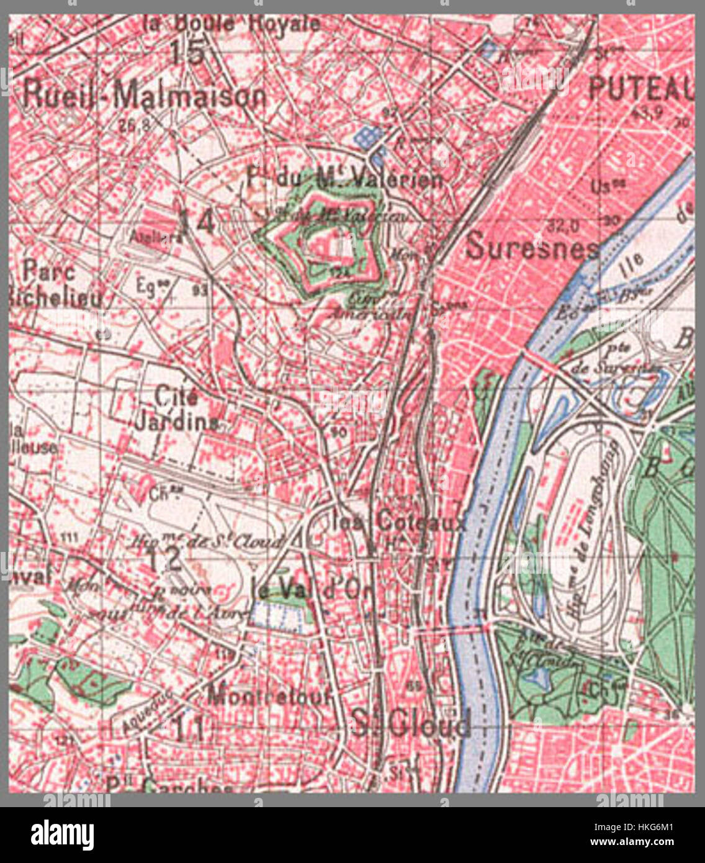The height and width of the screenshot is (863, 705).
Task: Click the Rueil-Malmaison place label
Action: click(x=144, y=97)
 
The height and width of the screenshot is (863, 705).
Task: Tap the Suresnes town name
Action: click(x=532, y=246)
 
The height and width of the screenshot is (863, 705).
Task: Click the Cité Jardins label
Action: click(x=176, y=409)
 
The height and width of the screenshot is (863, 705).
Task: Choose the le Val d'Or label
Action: click(x=310, y=587)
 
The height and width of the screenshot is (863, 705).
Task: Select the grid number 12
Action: click(x=164, y=560)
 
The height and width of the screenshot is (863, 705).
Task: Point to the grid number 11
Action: click(x=189, y=728)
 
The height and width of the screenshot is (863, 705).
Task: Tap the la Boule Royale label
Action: click(x=231, y=25)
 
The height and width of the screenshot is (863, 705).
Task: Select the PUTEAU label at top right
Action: click(x=639, y=90)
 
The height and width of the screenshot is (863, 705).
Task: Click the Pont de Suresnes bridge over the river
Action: click(x=543, y=363)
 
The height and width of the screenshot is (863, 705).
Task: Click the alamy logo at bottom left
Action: click(x=62, y=835)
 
